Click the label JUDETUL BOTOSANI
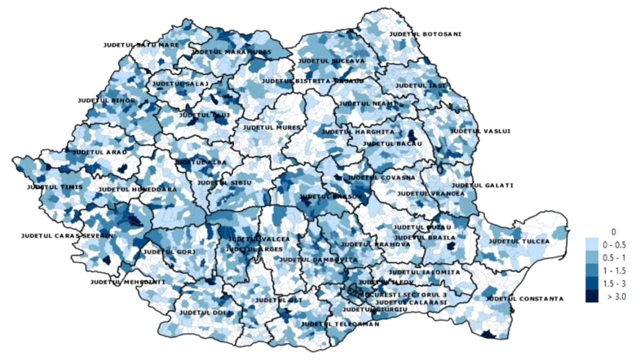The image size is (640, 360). pos(425,34)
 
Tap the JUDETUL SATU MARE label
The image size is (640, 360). pos(134,45)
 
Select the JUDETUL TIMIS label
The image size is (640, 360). pos(55,187)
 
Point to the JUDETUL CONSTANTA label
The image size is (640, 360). pos(524,299)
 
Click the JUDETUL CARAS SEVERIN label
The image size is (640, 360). pos(67,235)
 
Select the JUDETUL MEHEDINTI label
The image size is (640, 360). pos(127,282)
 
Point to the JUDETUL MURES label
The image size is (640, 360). pos(271,127)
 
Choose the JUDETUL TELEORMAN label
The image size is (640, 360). pos(340,324)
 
